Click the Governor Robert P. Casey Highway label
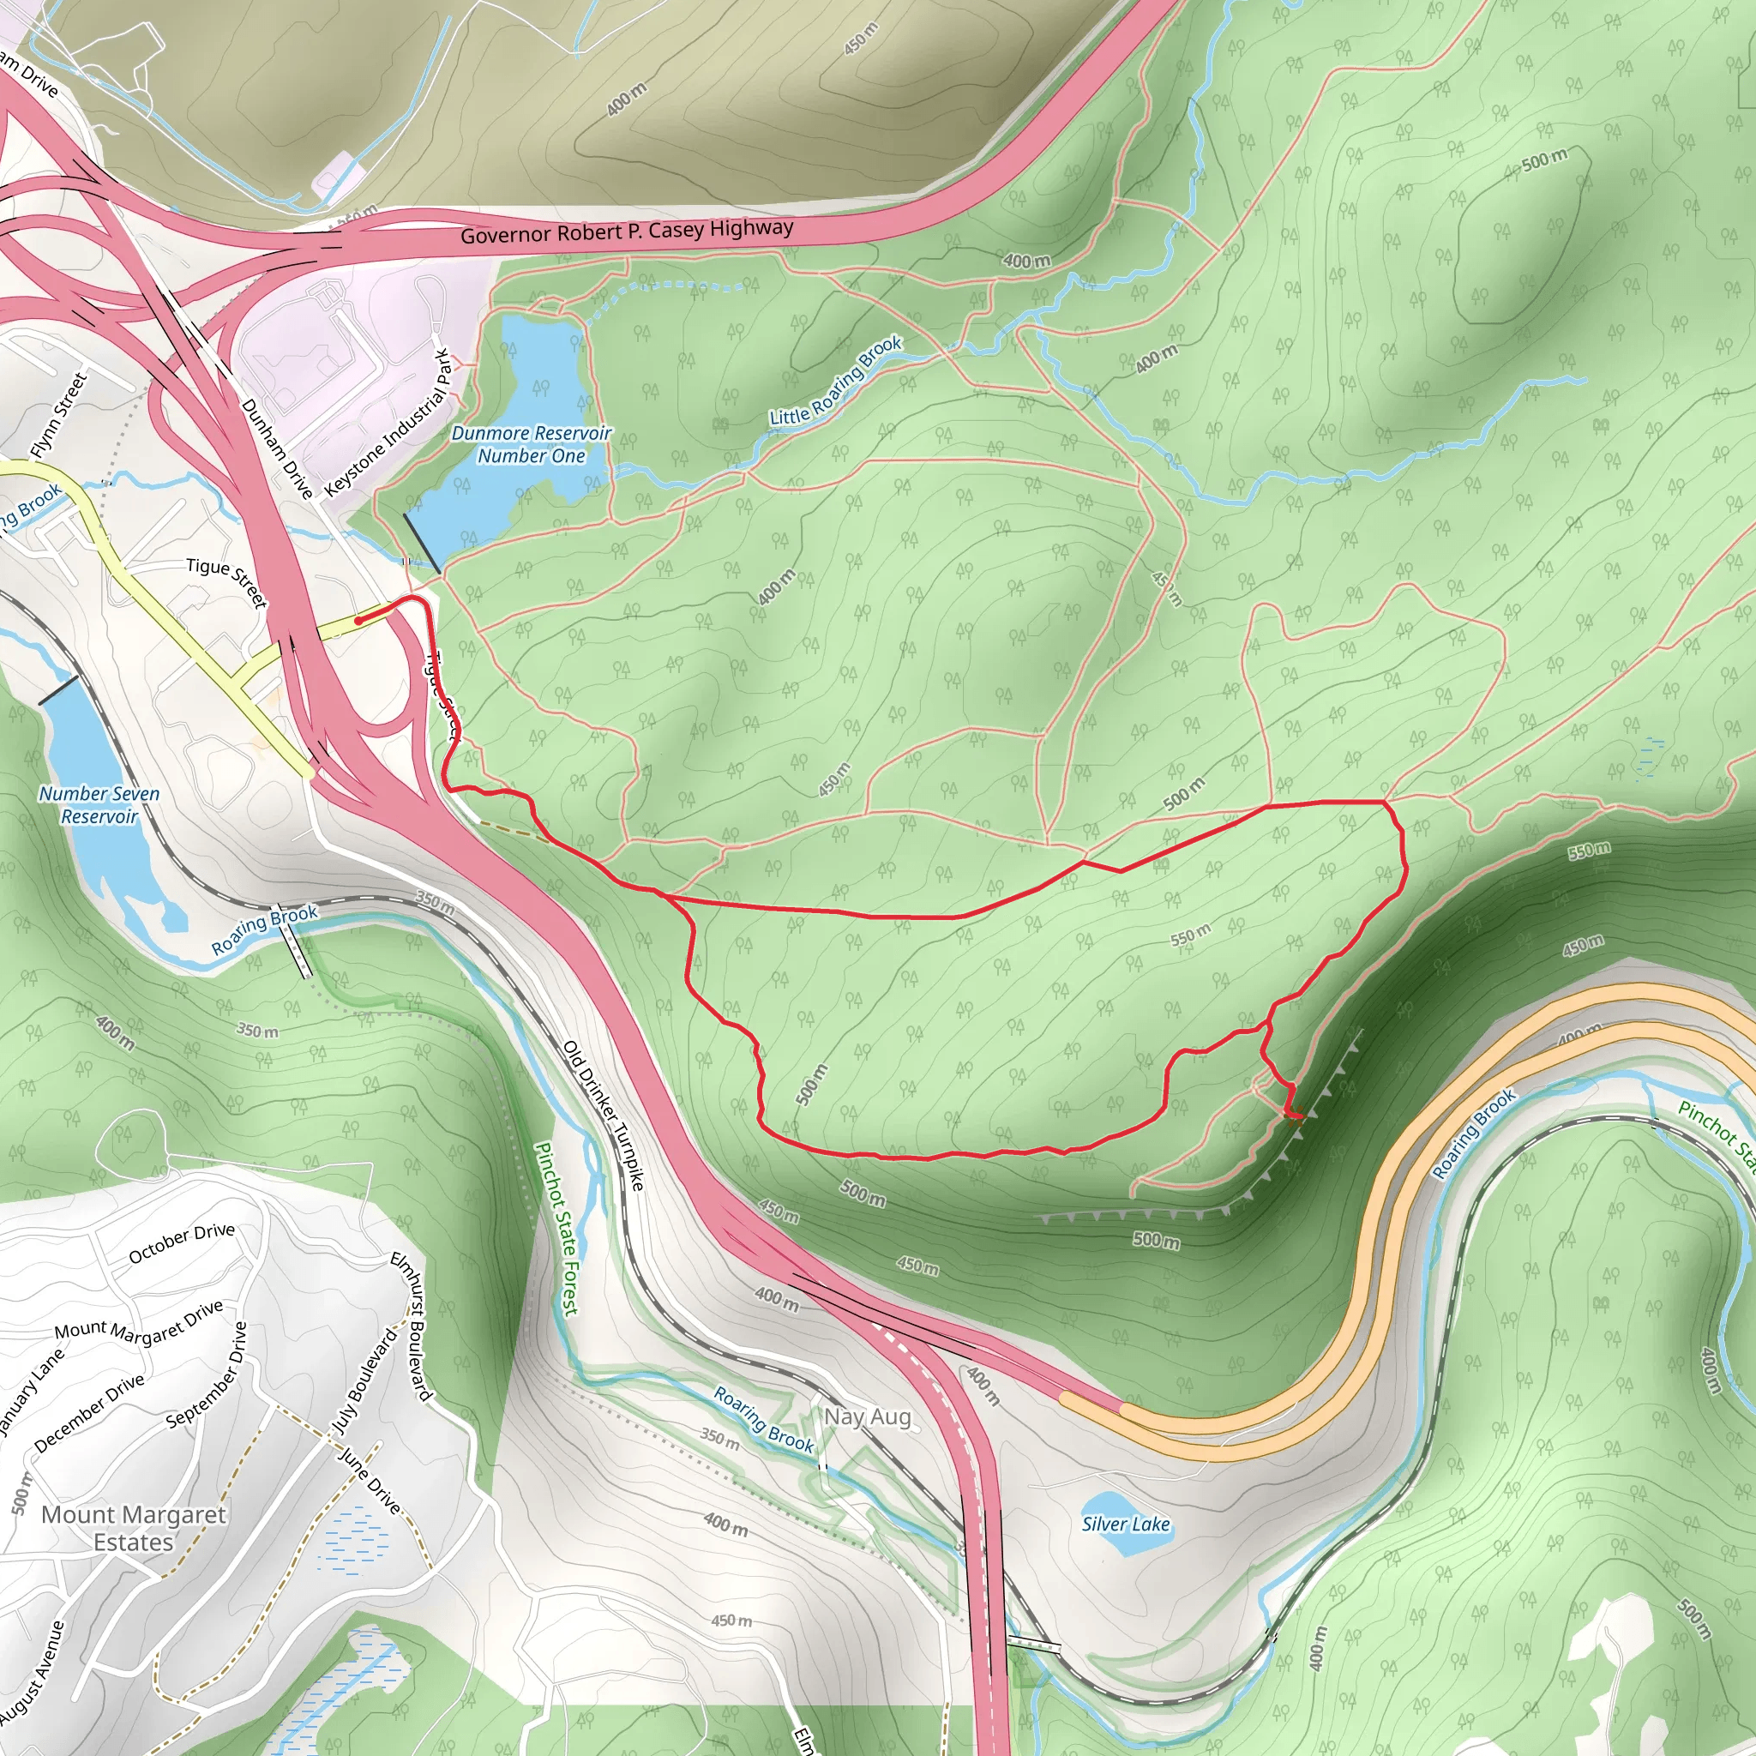(626, 231)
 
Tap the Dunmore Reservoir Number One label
(532, 444)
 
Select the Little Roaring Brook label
(836, 381)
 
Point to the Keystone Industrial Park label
(388, 423)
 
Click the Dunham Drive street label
(276, 449)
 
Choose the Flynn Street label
(58, 414)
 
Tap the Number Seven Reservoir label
(99, 805)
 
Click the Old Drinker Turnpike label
(604, 1116)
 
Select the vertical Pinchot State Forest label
(556, 1229)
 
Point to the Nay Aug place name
(867, 1416)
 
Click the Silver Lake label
(1125, 1524)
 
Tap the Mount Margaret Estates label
(134, 1528)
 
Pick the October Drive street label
(182, 1242)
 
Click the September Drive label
(207, 1374)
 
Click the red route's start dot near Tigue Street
(359, 621)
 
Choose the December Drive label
(89, 1411)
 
